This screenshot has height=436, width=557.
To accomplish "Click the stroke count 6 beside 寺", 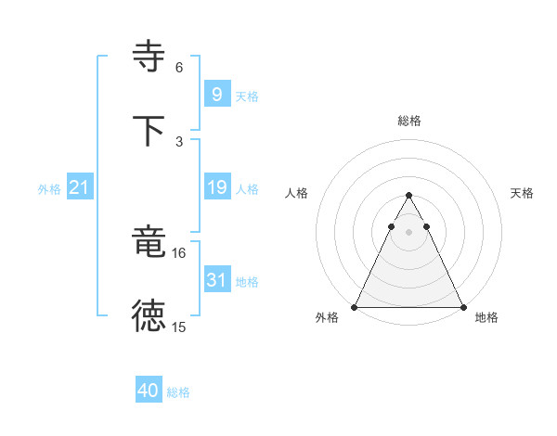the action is [179, 68].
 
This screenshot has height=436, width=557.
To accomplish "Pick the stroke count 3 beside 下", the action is [179, 141].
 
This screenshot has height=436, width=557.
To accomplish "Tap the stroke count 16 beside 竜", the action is [179, 252].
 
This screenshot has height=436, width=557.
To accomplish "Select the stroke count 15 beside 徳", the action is [179, 327].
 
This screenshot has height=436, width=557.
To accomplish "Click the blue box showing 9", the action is [216, 95].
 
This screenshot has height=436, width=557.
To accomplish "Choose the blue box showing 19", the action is [216, 188].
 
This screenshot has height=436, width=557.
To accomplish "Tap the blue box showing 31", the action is [216, 280].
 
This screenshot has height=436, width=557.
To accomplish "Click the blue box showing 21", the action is [79, 188].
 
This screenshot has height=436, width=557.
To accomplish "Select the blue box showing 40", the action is [148, 391].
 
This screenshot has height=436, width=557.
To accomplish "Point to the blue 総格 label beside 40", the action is [178, 392].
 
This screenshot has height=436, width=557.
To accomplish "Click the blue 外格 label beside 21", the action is [49, 189].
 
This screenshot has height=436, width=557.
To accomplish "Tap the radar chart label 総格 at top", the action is [408, 121].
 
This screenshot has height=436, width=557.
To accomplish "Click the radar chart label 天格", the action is [523, 193].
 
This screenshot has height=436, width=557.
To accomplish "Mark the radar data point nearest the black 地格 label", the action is [463, 307].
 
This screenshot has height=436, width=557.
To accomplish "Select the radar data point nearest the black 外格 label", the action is [355, 307].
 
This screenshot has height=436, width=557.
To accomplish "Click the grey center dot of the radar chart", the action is [408, 232].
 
